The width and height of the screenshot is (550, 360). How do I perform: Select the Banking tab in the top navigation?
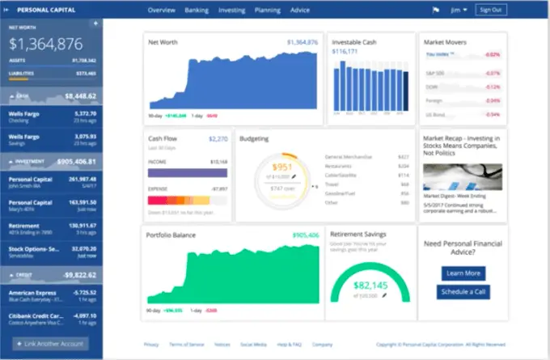197,10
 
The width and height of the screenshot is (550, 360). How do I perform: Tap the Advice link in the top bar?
300,10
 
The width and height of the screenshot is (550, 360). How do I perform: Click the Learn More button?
463,273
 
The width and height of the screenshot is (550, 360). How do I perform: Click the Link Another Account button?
51,344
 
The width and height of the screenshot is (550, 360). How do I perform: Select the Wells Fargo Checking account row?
52,116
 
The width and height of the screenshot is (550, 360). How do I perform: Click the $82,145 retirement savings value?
370,285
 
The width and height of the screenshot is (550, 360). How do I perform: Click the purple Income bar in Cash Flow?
188,172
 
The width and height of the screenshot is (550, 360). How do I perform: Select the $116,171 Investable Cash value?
345,51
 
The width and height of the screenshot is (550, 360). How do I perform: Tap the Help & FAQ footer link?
289,344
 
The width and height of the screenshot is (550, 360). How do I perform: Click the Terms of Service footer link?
184,344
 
